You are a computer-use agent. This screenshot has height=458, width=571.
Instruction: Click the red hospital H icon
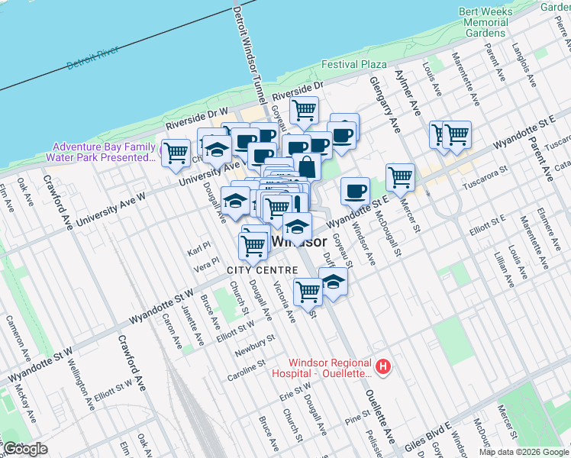coord(384,367)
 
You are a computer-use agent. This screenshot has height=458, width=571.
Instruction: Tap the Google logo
coord(25,449)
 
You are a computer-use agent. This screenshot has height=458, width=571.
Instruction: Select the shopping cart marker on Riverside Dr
coord(305,109)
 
